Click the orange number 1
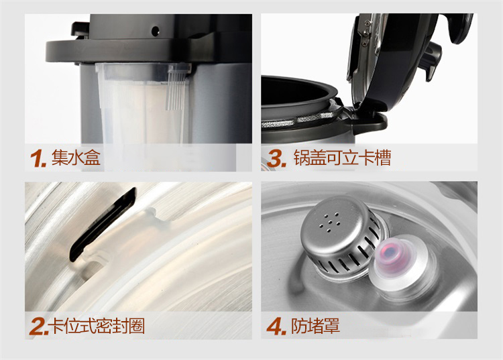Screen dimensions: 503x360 click(x=38, y=158)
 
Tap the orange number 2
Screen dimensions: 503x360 click(x=38, y=326)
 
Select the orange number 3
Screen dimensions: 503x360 click(x=276, y=158)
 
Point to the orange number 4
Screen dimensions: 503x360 click(x=276, y=326)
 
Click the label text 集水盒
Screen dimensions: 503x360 click(x=76, y=158)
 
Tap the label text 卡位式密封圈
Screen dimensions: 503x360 click(x=97, y=326)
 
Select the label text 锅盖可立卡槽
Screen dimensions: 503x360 click(x=342, y=158)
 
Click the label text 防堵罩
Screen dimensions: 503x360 click(x=315, y=326)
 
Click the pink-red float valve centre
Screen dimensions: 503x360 click(x=389, y=252)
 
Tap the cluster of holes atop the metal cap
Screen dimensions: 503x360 click(x=329, y=221)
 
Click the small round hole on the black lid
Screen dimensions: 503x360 click(x=156, y=31)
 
